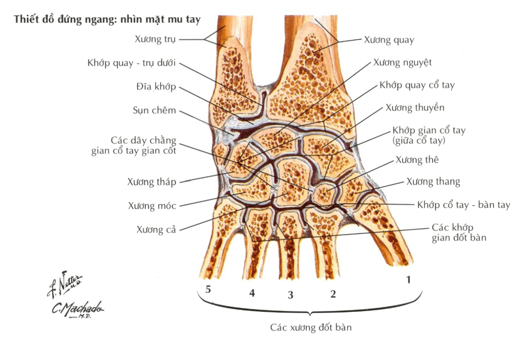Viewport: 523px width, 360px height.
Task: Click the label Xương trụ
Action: pyautogui.click(x=155, y=39)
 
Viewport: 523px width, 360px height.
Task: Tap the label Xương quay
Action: pyautogui.click(x=389, y=40)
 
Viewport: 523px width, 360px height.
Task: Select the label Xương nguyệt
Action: pyautogui.click(x=403, y=63)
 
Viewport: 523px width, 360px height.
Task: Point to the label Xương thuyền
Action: pyautogui.click(x=415, y=108)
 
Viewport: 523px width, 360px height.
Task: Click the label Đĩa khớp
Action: pyautogui.click(x=156, y=87)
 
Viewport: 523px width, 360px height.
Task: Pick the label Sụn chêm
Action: pyautogui.click(x=154, y=110)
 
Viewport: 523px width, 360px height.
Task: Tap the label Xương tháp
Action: pyautogui.click(x=151, y=182)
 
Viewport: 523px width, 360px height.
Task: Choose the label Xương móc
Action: pyautogui.click(x=152, y=206)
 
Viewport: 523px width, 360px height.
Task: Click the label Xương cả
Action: pyautogui.click(x=156, y=230)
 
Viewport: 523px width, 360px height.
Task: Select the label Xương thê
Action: pyautogui.click(x=417, y=160)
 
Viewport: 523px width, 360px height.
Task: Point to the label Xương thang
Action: pyautogui.click(x=433, y=182)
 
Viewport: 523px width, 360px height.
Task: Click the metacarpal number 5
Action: pyautogui.click(x=208, y=290)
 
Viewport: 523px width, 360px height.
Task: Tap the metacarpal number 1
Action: pyautogui.click(x=408, y=279)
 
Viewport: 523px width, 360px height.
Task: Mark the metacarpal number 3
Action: pyautogui.click(x=291, y=295)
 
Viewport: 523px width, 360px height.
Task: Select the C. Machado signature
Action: pyautogui.click(x=77, y=309)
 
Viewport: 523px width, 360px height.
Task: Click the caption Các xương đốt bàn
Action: pyautogui.click(x=311, y=327)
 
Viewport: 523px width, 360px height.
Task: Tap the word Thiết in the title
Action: pyautogui.click(x=24, y=19)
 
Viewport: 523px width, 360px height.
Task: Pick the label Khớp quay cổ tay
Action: pyautogui.click(x=417, y=85)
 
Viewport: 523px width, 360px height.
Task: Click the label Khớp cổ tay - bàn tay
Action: pyautogui.click(x=463, y=205)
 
